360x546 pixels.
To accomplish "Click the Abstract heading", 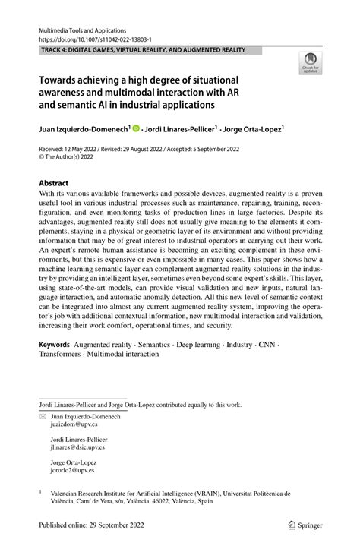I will (53, 183).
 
